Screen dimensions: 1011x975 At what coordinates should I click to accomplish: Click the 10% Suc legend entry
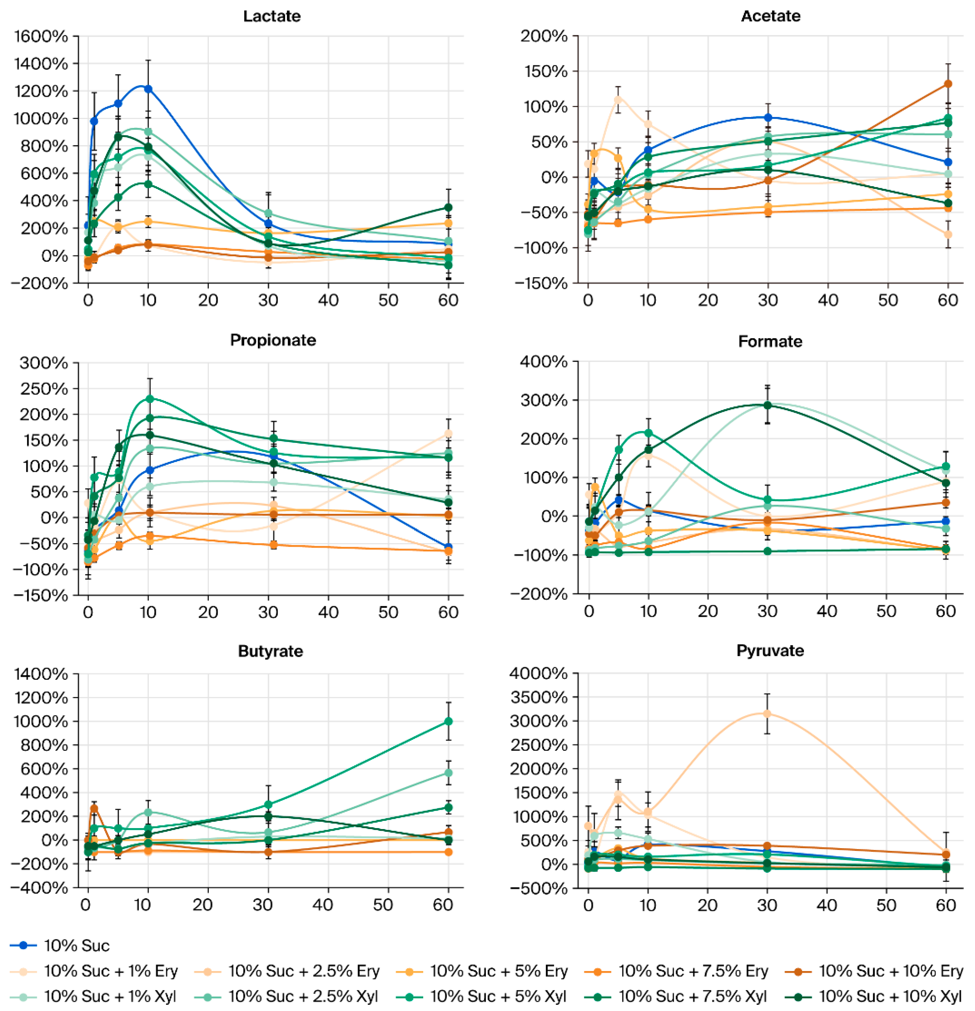pyautogui.click(x=76, y=945)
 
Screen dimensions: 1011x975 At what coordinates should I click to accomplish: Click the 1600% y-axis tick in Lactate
pyautogui.click(x=41, y=36)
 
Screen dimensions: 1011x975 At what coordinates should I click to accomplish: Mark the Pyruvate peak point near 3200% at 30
pyautogui.click(x=767, y=713)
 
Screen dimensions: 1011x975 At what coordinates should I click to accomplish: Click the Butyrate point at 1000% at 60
pyautogui.click(x=448, y=721)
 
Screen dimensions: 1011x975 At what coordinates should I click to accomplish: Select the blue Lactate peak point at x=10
pyautogui.click(x=148, y=89)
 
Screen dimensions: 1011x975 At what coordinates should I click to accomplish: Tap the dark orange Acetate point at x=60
pyautogui.click(x=948, y=84)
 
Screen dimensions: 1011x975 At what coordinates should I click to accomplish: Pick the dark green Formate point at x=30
pyautogui.click(x=767, y=405)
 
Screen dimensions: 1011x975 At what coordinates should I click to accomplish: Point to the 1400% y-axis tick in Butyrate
pyautogui.click(x=41, y=674)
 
